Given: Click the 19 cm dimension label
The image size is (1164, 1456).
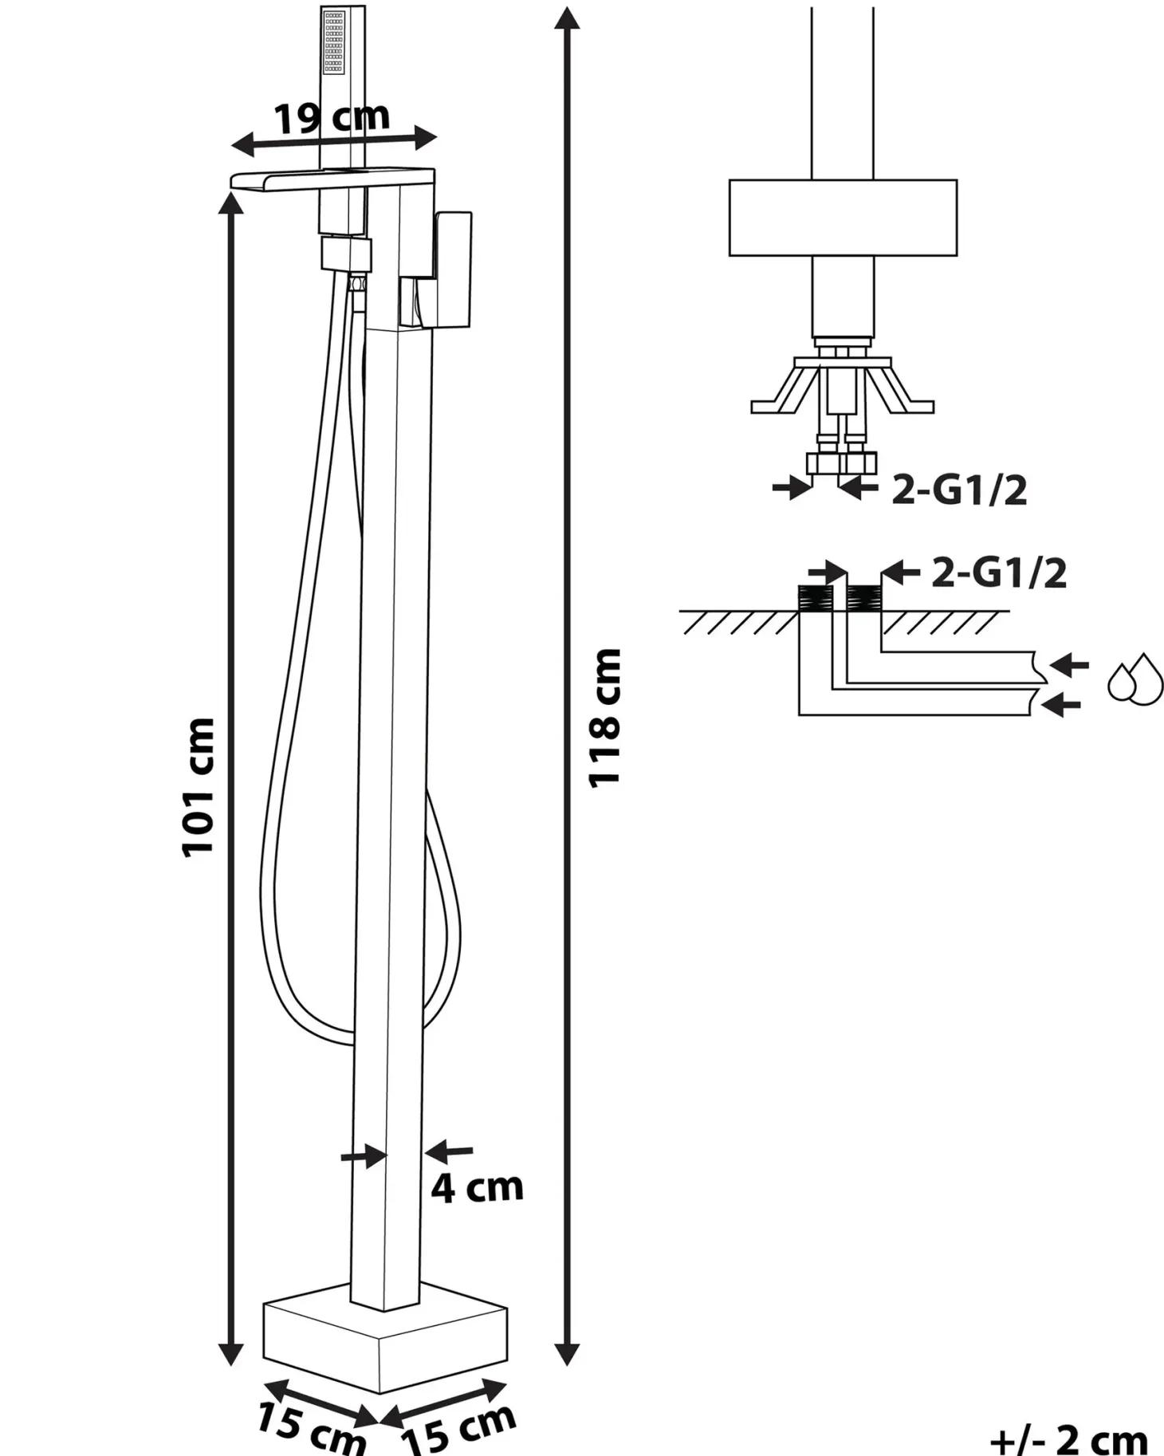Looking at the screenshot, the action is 332,118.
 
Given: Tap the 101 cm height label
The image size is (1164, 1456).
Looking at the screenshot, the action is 199,788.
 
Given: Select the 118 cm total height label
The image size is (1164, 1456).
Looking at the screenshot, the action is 604,718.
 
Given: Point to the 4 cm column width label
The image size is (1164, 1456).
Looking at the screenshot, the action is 477,1188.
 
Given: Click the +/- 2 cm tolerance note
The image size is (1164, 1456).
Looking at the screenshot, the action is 1068,1440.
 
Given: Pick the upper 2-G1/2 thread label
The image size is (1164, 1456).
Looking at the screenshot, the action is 959,490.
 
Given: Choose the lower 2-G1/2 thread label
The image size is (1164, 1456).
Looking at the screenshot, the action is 999,573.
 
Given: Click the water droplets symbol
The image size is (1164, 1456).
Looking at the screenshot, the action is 1135,679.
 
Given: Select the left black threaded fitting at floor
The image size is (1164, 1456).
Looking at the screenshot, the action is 815,598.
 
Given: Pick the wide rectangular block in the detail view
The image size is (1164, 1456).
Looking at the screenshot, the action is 843,218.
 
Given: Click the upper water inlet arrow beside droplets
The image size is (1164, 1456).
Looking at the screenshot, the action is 1069,664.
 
